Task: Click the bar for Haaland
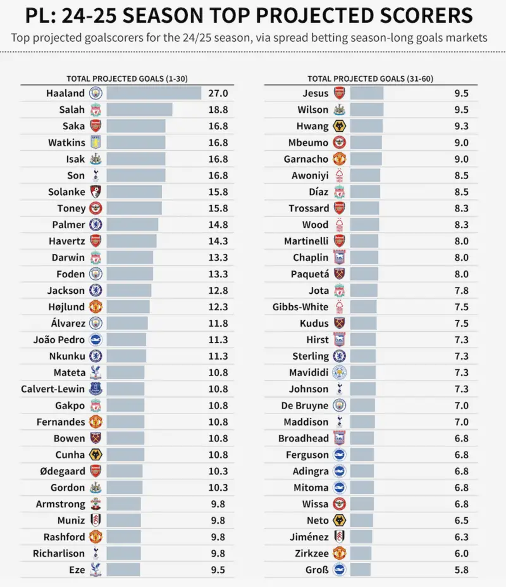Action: click(154, 93)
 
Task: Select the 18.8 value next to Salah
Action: click(219, 110)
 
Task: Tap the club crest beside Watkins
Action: click(96, 142)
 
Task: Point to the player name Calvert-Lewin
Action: click(52, 389)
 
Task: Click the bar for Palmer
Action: click(132, 225)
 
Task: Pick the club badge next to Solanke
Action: click(96, 192)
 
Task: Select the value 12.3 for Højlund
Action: click(219, 307)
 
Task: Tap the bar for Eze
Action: click(123, 569)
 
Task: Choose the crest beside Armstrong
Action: click(96, 504)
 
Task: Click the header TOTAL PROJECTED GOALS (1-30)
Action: click(128, 79)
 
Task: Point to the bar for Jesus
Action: click(367, 93)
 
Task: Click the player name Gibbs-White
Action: click(300, 307)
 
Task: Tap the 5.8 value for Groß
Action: click(461, 569)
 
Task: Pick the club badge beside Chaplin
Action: click(339, 258)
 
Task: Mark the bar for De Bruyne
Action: click(362, 405)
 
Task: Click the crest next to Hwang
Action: click(339, 126)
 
